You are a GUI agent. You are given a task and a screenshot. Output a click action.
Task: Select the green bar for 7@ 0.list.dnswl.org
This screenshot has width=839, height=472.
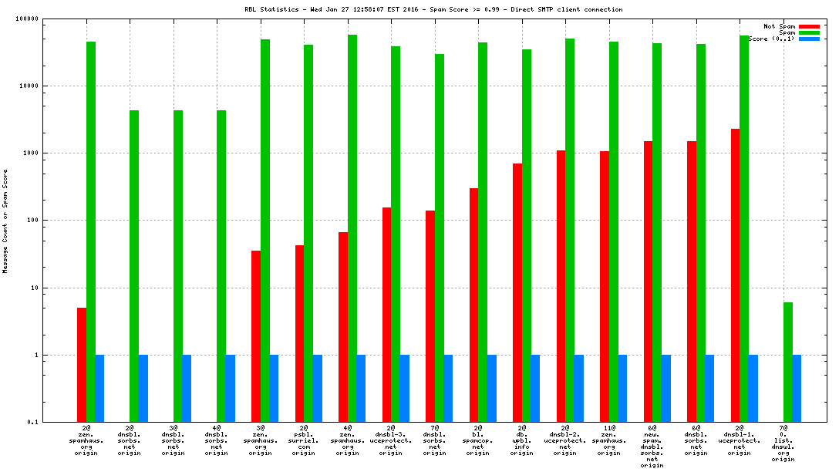pos(788,362)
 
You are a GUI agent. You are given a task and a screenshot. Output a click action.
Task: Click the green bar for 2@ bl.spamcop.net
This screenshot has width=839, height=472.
pos(483,232)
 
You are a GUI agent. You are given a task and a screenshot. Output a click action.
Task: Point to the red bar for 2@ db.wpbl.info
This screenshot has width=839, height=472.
pos(517,292)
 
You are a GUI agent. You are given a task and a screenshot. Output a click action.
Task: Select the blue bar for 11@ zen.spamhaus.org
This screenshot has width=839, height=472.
pos(622,389)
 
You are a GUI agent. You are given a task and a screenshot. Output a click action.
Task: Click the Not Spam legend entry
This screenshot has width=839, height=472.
pos(779,26)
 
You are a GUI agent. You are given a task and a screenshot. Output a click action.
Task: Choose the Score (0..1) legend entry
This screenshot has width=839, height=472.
pos(771,39)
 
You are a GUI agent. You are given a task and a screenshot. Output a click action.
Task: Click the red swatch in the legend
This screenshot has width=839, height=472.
pos(809,26)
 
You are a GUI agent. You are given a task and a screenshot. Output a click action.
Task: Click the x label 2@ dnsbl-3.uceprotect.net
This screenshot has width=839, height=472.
pos(391,440)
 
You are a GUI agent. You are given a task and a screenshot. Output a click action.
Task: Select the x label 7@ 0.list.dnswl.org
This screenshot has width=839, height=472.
pos(783,443)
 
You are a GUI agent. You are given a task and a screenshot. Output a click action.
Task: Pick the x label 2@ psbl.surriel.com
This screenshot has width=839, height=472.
pos(304,440)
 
